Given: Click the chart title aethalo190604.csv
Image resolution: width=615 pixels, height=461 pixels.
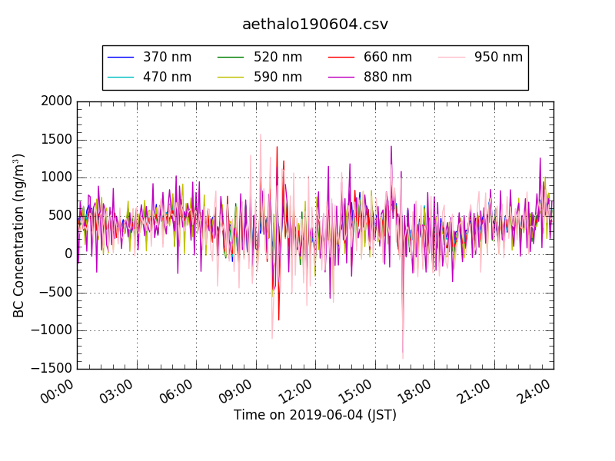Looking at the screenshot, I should click(315, 24).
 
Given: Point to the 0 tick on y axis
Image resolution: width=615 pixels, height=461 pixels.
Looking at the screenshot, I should click(68, 254).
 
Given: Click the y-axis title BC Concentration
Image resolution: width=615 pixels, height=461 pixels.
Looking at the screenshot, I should click(18, 235).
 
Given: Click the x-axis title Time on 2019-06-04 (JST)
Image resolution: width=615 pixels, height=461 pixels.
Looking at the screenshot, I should click(315, 415).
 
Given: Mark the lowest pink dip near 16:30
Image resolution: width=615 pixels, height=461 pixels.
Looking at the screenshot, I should click(402, 358).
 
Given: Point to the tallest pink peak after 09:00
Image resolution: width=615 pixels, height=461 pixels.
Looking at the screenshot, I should click(260, 134).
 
